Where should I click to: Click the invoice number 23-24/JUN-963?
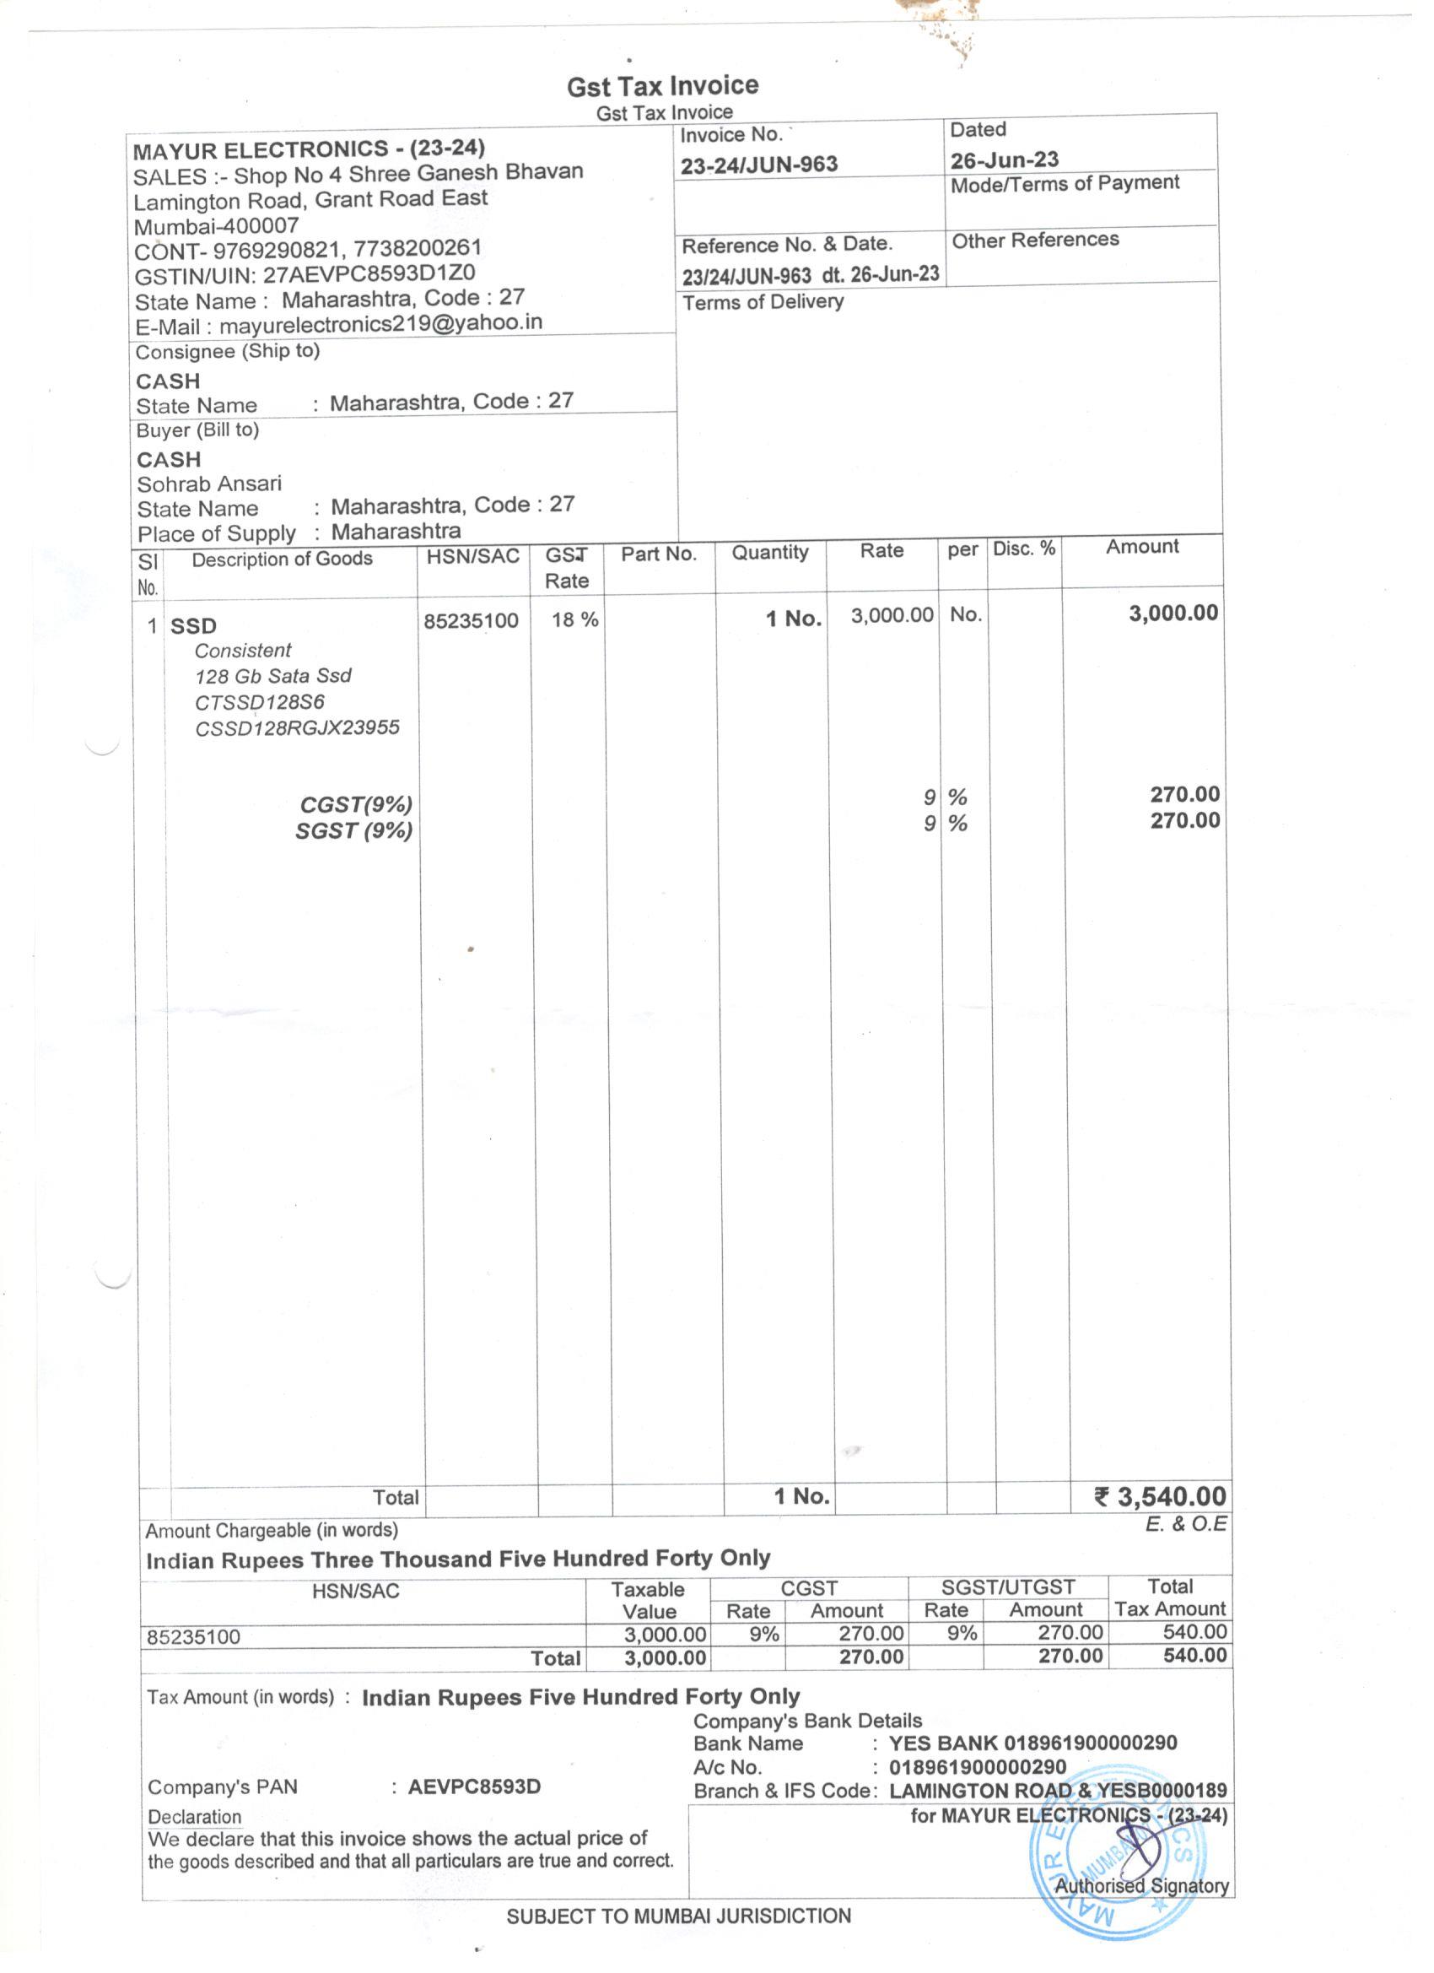click(758, 165)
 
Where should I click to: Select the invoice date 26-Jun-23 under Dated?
click(1004, 160)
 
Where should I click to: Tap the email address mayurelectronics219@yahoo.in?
click(381, 323)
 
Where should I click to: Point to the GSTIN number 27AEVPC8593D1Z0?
click(369, 274)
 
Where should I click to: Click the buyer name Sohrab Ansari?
click(208, 484)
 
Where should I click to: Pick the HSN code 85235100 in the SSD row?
click(471, 621)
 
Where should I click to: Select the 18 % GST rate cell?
click(574, 619)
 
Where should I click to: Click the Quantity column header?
click(769, 553)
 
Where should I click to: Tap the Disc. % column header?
click(1023, 549)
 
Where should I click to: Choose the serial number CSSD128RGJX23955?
click(298, 728)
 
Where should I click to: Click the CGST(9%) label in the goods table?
click(356, 805)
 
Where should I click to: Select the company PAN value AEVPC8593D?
click(474, 1787)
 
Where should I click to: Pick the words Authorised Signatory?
click(1141, 1886)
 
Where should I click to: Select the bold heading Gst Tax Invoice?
click(663, 86)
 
